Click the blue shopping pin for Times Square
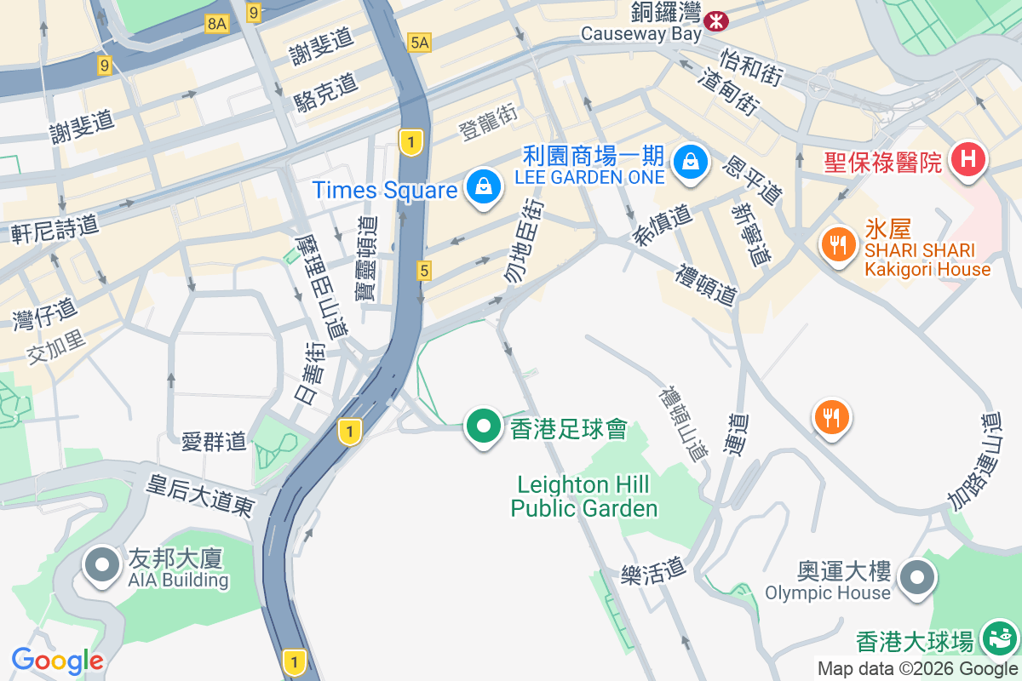pyautogui.click(x=484, y=187)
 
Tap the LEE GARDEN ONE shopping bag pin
pyautogui.click(x=691, y=161)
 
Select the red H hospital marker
pyautogui.click(x=968, y=158)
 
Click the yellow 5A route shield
pyautogui.click(x=419, y=42)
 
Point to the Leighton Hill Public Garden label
pyautogui.click(x=584, y=497)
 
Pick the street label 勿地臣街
pyautogui.click(x=524, y=242)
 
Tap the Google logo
pyautogui.click(x=58, y=661)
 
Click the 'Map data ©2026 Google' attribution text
pyautogui.click(x=918, y=669)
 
